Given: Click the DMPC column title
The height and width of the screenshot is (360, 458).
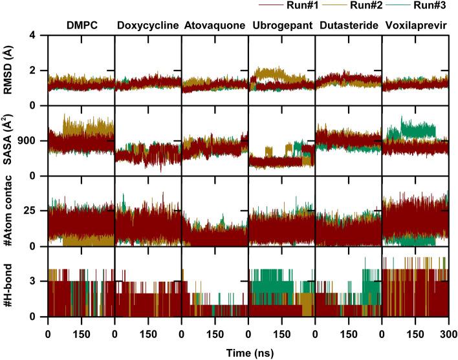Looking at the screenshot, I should (x=81, y=26).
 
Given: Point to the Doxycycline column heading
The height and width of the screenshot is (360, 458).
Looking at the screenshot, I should (x=147, y=26).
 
